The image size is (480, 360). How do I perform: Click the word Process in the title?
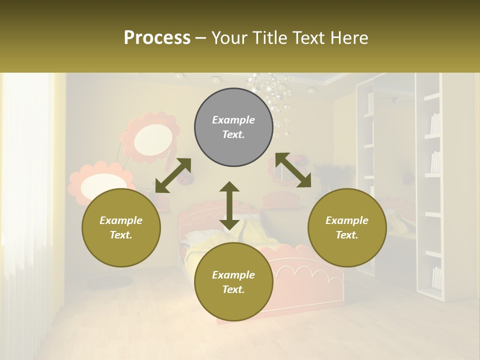[157, 38]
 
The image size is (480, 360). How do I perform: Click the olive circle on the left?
[121, 227]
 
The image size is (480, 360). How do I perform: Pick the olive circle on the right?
[347, 227]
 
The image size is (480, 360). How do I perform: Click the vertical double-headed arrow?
[229, 205]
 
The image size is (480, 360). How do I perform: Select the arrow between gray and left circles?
[173, 175]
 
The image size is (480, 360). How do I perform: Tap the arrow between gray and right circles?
[293, 170]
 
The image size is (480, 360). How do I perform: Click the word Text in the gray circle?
[233, 134]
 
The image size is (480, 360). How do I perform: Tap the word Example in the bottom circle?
[233, 275]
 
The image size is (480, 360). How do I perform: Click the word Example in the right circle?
[347, 220]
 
